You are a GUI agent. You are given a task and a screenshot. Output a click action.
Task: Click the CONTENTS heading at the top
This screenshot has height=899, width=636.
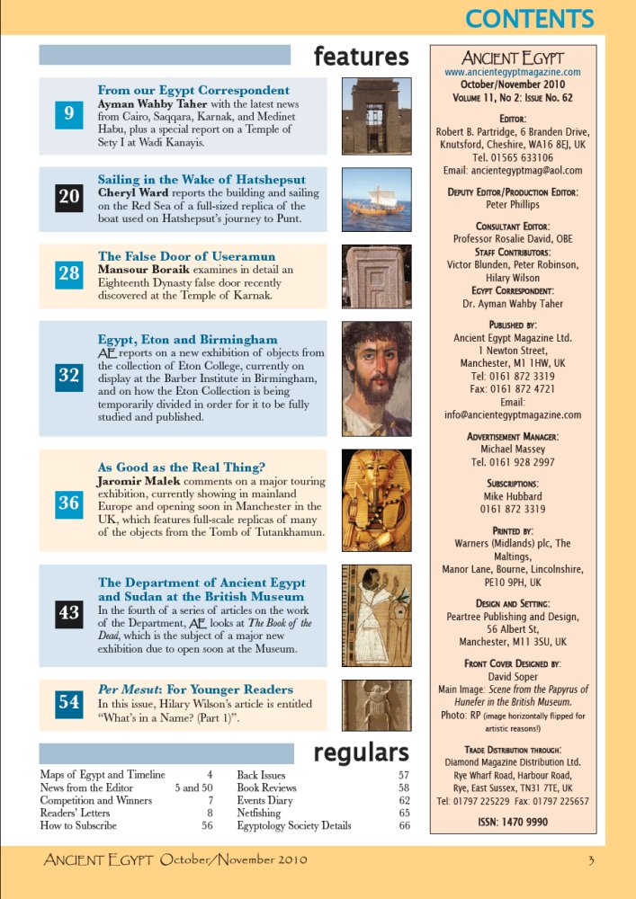coord(530,19)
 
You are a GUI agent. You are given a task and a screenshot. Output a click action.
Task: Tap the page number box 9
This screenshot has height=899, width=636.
coord(69,113)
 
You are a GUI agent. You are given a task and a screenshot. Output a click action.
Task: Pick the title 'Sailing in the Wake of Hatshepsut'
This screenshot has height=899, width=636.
coord(202,180)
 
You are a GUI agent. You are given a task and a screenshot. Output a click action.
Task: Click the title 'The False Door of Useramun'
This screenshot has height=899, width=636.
coord(186,257)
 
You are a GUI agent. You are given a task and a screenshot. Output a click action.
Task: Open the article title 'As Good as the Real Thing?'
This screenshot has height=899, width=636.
coord(181,467)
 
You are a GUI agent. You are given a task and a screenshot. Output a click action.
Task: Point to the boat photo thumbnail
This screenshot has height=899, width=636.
coord(376,199)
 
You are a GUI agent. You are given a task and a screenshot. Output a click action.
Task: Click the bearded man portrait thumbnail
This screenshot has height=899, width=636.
coord(376,378)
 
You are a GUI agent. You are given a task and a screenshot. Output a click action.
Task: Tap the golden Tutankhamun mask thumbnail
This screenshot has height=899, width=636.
coord(376,500)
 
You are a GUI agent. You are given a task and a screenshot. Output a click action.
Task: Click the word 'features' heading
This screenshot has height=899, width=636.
coord(361,57)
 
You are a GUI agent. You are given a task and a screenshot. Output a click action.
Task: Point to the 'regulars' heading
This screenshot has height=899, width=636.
coord(361,752)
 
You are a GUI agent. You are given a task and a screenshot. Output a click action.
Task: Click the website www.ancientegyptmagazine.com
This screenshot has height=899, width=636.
coord(513,72)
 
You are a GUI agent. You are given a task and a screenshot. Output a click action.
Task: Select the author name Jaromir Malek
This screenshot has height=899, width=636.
coord(140,482)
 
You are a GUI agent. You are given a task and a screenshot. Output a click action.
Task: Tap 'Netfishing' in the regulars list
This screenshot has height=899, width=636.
coord(259,813)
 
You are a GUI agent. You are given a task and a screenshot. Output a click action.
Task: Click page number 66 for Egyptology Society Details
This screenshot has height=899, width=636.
coord(404,825)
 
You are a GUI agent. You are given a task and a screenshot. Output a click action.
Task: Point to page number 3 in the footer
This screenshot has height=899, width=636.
coord(591,860)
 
